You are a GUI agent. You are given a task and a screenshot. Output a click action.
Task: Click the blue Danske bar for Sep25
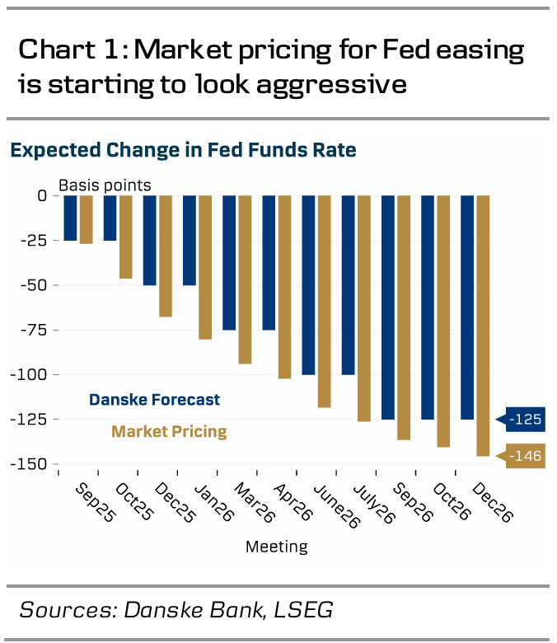click(71, 218)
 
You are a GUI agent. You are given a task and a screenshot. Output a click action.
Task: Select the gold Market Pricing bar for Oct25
click(126, 237)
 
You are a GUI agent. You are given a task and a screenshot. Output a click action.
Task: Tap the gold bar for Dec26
click(483, 326)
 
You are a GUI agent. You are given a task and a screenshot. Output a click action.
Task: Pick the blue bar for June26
click(308, 284)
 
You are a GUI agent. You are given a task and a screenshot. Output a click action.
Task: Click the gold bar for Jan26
click(205, 267)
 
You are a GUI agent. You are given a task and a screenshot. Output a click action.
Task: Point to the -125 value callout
click(525, 420)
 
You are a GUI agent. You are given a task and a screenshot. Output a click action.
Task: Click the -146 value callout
click(525, 455)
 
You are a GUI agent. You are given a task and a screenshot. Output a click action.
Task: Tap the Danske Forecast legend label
click(155, 400)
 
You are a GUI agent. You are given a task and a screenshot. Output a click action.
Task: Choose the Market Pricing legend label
click(169, 431)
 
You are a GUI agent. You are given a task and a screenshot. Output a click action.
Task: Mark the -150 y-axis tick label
click(28, 463)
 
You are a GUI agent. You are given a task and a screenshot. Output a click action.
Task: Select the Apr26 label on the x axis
click(294, 503)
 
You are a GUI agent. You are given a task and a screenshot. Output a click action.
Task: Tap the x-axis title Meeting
click(277, 547)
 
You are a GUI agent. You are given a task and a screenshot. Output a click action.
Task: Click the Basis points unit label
click(104, 185)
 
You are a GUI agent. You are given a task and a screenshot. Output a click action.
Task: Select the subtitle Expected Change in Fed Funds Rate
click(183, 150)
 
